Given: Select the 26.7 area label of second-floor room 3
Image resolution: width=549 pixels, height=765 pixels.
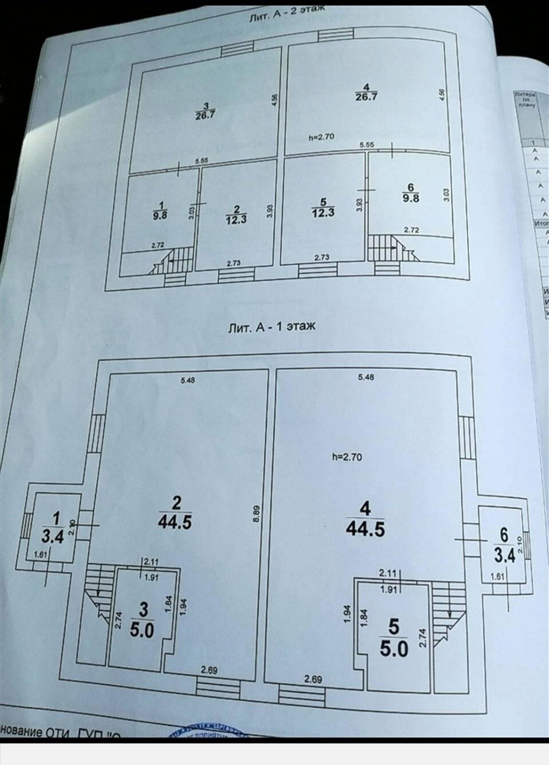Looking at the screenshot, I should [204, 115].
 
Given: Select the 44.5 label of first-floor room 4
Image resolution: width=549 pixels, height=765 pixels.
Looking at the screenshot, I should [365, 529].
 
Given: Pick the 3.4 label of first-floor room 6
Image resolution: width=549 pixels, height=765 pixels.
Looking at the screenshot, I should [505, 556].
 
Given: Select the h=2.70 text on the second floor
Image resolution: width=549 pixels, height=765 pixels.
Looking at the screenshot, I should [321, 137].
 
